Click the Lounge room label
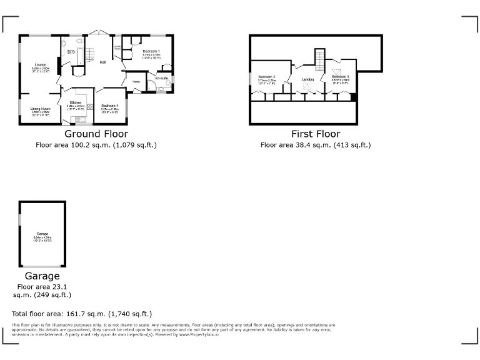click(x=41, y=64)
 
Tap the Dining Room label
click(x=41, y=109)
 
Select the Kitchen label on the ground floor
click(x=76, y=102)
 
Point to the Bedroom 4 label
click(x=109, y=106)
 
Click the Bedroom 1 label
click(x=151, y=51)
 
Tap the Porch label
click(x=136, y=81)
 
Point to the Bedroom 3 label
click(x=340, y=76)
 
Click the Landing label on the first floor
click(x=307, y=79)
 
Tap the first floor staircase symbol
click(x=320, y=60)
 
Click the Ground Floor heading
click(x=96, y=134)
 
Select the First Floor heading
click(x=316, y=134)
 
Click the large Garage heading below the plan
click(x=42, y=276)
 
